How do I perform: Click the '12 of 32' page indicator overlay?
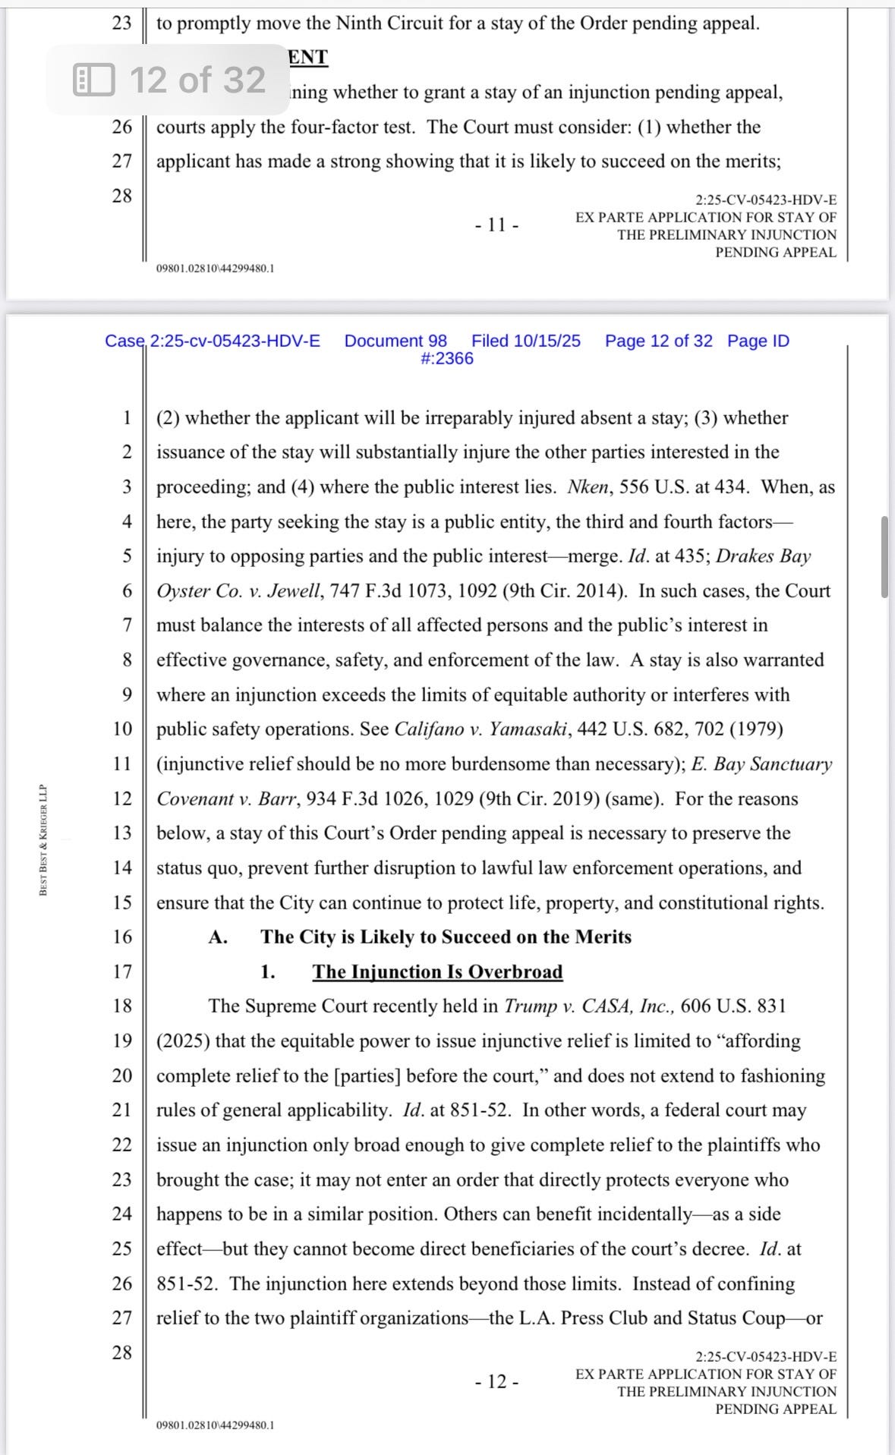197,80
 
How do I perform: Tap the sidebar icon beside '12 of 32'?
94,80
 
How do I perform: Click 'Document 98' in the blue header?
396,341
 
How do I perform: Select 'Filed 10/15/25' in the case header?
526,341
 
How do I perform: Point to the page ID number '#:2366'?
446,358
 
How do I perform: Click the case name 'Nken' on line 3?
588,487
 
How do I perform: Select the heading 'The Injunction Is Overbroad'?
437,972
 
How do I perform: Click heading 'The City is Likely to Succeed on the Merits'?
446,937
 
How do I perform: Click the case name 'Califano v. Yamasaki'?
482,729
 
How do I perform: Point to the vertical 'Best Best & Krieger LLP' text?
43,839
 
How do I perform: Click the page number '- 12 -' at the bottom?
496,1381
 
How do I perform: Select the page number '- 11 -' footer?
496,225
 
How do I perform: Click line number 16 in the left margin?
122,937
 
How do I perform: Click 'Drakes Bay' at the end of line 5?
763,556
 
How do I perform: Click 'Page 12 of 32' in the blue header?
658,341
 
